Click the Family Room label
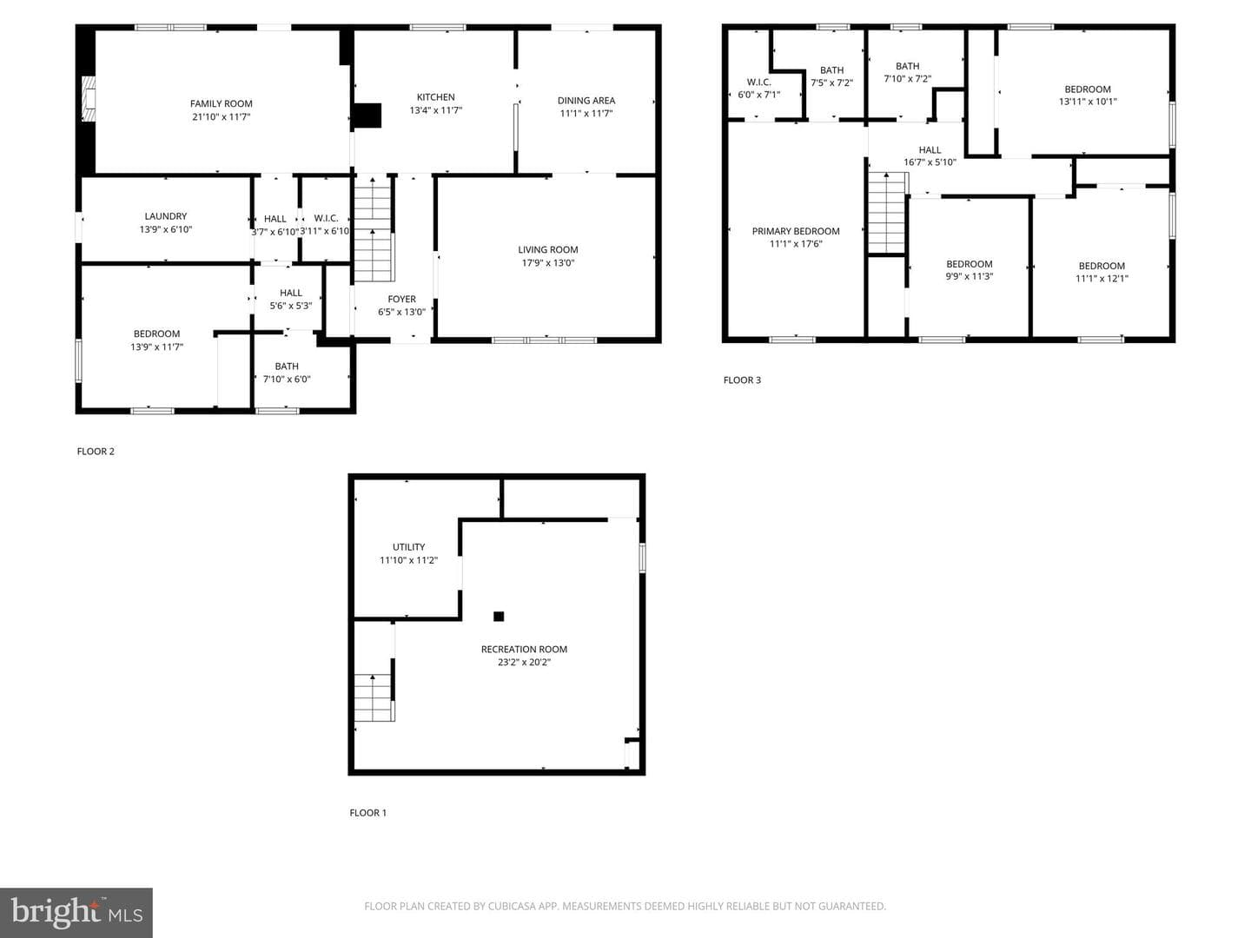click(x=222, y=103)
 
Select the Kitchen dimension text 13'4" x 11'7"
click(x=436, y=110)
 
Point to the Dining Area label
click(x=586, y=100)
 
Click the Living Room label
click(x=547, y=249)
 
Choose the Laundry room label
click(x=166, y=216)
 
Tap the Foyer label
click(x=402, y=299)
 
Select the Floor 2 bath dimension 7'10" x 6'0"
click(x=287, y=379)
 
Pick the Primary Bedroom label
click(x=796, y=231)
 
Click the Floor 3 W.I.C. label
click(x=759, y=82)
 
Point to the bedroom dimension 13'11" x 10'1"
click(x=1088, y=102)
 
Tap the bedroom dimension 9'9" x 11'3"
click(x=969, y=276)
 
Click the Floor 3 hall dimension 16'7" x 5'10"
click(x=930, y=162)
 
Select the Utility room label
click(x=408, y=547)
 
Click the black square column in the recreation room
click(x=499, y=617)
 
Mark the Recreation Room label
click(x=524, y=650)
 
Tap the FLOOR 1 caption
click(x=367, y=813)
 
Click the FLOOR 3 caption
click(x=742, y=380)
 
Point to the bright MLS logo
click(x=76, y=912)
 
